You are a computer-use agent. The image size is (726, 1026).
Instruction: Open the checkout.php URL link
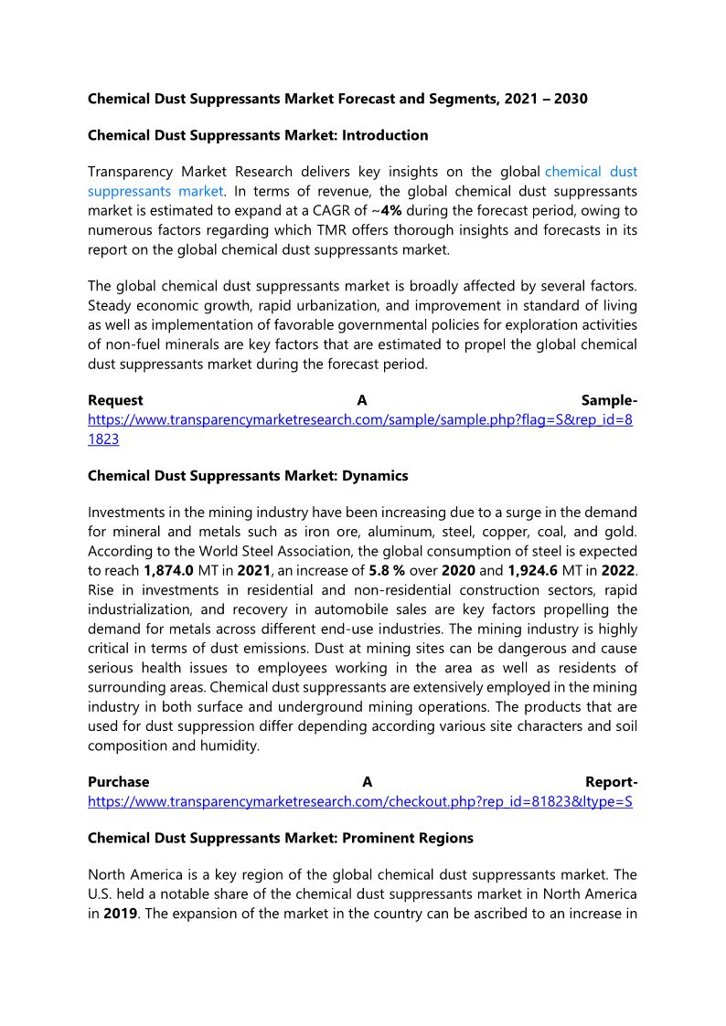[x=360, y=801]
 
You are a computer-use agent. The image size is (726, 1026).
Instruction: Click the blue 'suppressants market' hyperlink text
[x=155, y=191]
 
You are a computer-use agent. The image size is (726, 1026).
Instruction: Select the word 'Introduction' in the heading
[x=384, y=135]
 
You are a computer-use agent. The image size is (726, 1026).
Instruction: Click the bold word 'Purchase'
[x=119, y=782]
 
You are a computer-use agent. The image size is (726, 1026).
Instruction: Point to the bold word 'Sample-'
[x=610, y=401]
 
